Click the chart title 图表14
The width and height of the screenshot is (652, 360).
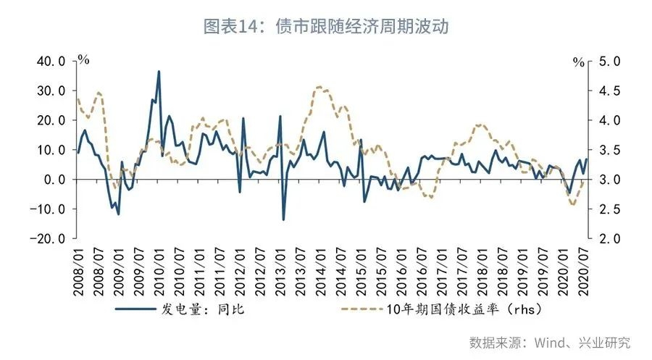coord(326,26)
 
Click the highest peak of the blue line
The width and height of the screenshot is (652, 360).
coord(159,71)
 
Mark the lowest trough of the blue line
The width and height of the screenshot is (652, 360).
coord(283,219)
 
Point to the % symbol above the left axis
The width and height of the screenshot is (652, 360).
coord(83,59)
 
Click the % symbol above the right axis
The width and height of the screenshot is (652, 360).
coord(578,62)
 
